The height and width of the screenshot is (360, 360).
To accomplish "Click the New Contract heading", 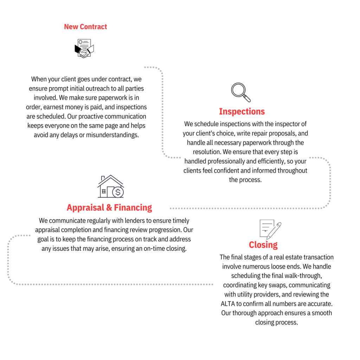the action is pyautogui.click(x=85, y=27).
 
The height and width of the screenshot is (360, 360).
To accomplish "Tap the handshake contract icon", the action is pyautogui.click(x=84, y=49).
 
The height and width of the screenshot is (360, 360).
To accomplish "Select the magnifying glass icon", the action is pyautogui.click(x=241, y=92).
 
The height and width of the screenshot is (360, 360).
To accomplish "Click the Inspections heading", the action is pyautogui.click(x=242, y=111).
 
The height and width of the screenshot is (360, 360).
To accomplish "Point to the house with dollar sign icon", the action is pyautogui.click(x=111, y=186).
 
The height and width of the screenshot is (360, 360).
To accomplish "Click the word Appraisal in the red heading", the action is pyautogui.click(x=85, y=208).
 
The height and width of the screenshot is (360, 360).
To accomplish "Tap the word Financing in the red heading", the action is pyautogui.click(x=133, y=207).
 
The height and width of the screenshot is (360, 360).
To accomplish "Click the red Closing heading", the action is pyautogui.click(x=263, y=245).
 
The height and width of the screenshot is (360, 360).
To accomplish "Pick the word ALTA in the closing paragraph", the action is pyautogui.click(x=228, y=304).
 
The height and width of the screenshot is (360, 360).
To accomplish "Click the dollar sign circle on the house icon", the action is pyautogui.click(x=118, y=192).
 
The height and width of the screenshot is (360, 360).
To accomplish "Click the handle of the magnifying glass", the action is pyautogui.click(x=247, y=98).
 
